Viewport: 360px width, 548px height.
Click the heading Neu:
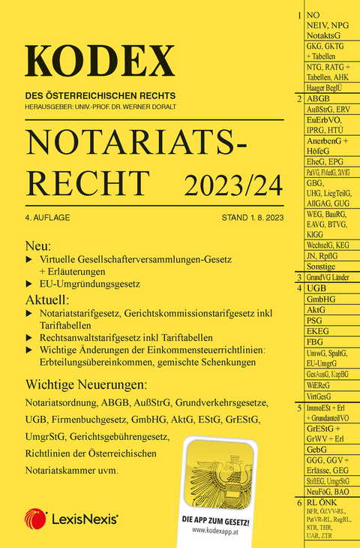tap(39, 246)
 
